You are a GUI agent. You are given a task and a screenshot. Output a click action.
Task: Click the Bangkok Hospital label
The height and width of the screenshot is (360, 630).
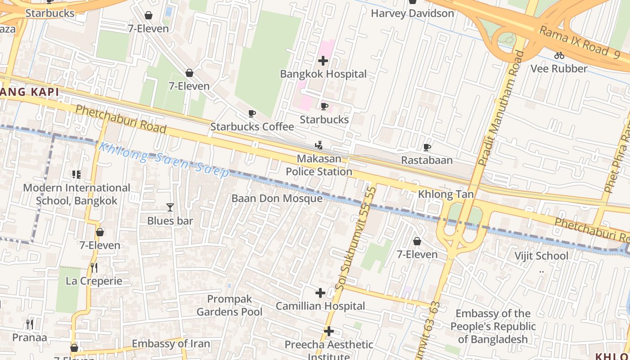coord(323,74)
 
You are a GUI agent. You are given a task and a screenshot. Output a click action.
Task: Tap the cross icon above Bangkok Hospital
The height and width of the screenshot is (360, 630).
coord(323,61)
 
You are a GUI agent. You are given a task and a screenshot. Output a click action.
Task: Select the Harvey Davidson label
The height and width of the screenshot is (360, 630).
coord(412,13)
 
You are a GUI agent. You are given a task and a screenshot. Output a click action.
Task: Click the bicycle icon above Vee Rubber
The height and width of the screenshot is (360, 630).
coord(559,55)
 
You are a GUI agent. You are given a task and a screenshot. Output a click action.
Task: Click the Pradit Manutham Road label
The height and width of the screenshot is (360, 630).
coord(502,108)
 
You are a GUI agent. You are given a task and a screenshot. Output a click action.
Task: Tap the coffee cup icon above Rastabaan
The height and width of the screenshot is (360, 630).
coord(427,147)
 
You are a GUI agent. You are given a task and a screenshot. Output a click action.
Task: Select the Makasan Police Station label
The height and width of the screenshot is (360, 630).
coord(319,165)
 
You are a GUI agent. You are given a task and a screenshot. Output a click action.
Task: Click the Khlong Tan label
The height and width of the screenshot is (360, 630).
coord(445,194)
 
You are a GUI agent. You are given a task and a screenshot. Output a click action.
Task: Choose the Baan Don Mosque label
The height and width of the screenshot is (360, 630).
coord(277,198)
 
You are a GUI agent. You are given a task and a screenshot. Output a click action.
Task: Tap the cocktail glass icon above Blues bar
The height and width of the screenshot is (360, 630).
coord(170,207)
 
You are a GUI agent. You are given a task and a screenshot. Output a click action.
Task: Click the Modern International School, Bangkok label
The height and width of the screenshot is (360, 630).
coord(76,194)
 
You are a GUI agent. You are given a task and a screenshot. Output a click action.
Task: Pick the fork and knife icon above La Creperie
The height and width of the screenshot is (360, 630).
coord(94,268)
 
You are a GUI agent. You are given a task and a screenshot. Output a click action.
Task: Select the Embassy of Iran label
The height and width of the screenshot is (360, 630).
coord(171,344)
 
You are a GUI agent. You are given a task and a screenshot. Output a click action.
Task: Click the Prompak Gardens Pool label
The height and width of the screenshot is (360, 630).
coord(229,305)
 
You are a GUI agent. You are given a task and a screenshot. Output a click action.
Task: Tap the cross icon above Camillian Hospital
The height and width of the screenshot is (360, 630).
coord(320,293)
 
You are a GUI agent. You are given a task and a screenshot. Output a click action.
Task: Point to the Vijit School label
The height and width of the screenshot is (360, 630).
coord(541,256)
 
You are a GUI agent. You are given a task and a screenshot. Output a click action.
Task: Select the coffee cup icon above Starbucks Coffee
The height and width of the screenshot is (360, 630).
coord(252,114)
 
